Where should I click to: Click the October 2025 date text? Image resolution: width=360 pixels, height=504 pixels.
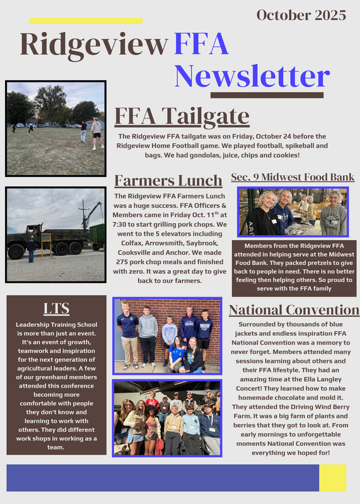301,14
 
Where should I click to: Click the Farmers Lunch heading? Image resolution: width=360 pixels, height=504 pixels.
168,180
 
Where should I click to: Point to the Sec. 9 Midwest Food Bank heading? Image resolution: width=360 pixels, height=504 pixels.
293,177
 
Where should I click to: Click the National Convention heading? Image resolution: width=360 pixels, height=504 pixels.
294,309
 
